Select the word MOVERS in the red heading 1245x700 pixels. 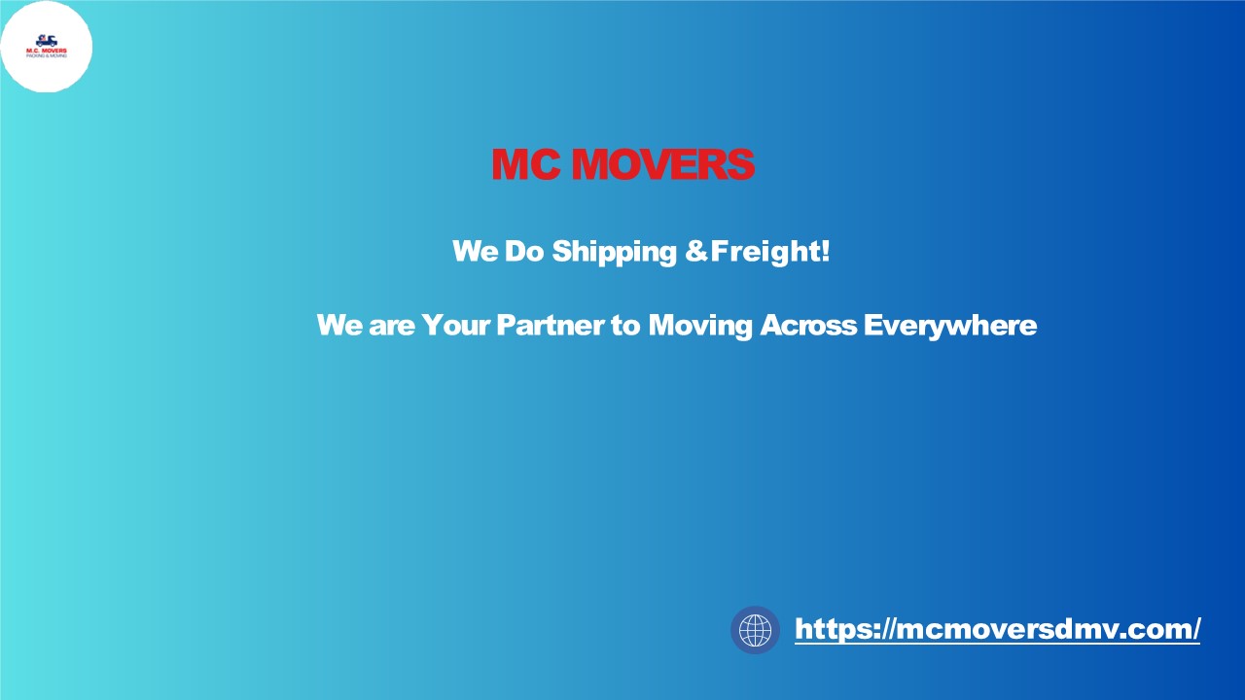tap(662, 165)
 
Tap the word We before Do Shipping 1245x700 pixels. tap(475, 252)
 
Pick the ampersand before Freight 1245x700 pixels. tap(696, 252)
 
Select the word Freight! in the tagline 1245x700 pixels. tap(770, 253)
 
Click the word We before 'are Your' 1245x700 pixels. tap(338, 325)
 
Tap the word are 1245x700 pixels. tap(391, 326)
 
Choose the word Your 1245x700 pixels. tap(456, 325)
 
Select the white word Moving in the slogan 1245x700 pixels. tap(700, 326)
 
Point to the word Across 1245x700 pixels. tap(808, 325)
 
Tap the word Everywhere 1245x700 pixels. tap(949, 326)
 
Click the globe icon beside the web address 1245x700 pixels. tap(755, 630)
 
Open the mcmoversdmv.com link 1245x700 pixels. tap(997, 629)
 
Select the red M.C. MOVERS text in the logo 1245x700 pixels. tap(47, 51)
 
